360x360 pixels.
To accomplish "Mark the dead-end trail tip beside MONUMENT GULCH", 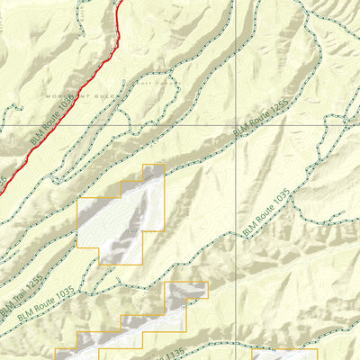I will click(8, 107).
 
